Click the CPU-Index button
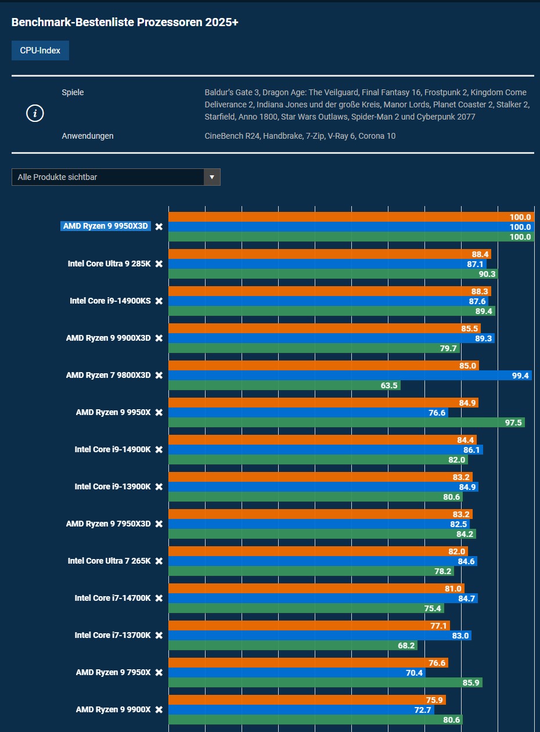[x=40, y=51]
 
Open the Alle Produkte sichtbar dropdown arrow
[x=212, y=177]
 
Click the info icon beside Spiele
[x=35, y=113]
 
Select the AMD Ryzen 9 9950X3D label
[x=106, y=226]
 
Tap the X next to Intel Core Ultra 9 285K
[x=159, y=264]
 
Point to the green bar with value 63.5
[x=284, y=385]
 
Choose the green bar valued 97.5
[x=346, y=423]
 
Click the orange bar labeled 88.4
[x=330, y=254]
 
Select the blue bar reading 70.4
[x=297, y=673]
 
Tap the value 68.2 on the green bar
[x=406, y=646]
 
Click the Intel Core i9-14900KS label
[x=110, y=301]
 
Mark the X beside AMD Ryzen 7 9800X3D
[x=159, y=376]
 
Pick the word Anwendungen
[x=88, y=136]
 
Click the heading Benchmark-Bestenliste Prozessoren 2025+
[x=125, y=23]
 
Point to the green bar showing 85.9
[x=325, y=683]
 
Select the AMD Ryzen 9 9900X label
[x=113, y=709]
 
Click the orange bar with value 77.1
[x=309, y=626]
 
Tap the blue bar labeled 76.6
[x=308, y=413]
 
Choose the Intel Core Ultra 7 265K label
[x=109, y=561]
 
